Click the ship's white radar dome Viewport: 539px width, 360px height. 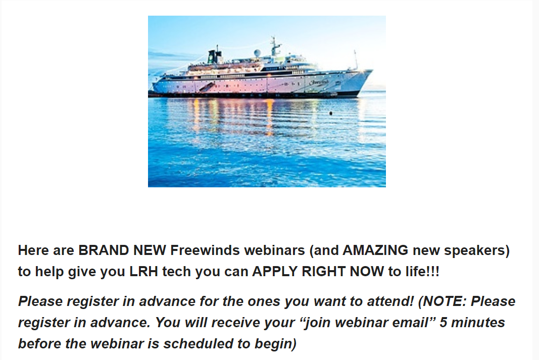tap(257, 53)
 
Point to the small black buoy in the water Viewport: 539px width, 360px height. tap(331, 113)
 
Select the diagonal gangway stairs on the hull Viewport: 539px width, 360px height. tap(207, 86)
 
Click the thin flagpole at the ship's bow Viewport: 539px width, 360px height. tap(356, 60)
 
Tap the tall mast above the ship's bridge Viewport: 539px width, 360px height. tap(274, 46)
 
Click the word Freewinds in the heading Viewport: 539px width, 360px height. tap(205, 250)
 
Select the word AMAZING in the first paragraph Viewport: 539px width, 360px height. tap(375, 250)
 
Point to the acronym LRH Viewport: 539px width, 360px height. tap(143, 271)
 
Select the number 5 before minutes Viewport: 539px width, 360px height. tap(444, 323)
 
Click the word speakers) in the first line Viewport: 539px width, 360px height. tap(477, 250)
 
